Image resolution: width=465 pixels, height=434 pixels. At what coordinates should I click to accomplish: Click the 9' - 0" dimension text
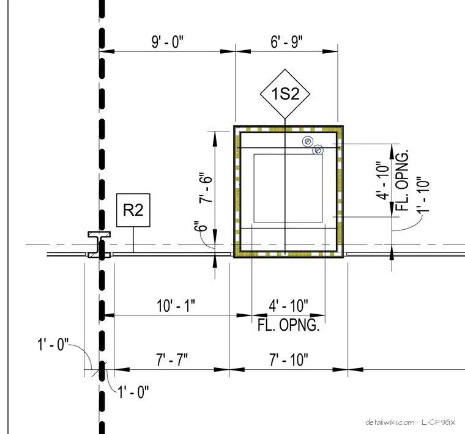coord(168,42)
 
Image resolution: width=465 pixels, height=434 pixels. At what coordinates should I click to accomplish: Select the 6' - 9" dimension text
coord(286,42)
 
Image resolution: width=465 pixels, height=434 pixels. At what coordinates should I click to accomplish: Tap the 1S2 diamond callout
coord(285,94)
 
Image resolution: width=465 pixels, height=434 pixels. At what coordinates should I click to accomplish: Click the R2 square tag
coord(133,210)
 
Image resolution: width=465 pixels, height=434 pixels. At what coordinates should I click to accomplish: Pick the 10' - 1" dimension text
coord(176,306)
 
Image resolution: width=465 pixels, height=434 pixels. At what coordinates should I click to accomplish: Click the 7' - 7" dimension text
coord(172,359)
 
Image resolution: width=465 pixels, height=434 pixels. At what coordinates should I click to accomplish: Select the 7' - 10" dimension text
coord(289,359)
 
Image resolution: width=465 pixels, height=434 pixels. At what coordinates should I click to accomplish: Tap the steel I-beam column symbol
coord(99,245)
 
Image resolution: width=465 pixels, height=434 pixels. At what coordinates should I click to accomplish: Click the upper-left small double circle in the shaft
coord(308,142)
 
